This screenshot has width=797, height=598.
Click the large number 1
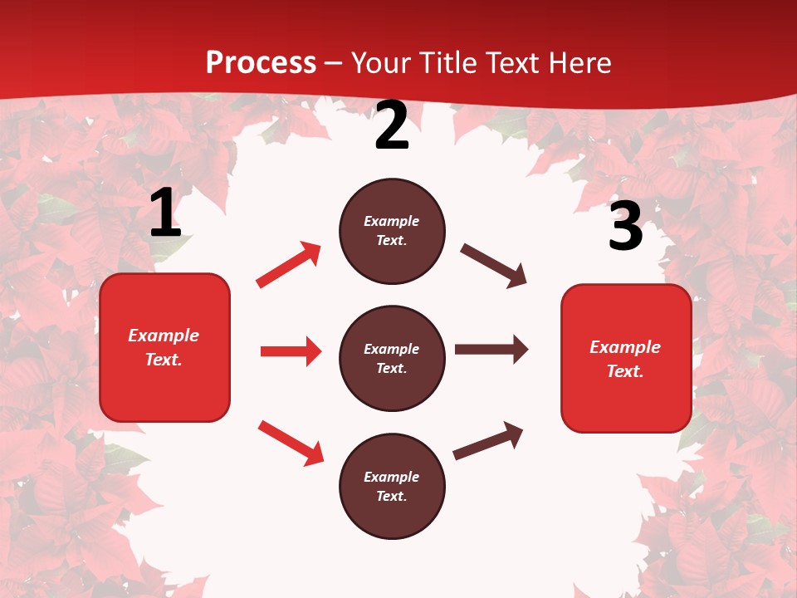pos(165,213)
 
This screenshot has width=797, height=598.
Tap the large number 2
pos(392,125)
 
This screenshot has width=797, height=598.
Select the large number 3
pos(625,226)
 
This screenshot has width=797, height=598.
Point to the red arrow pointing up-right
pos(289,265)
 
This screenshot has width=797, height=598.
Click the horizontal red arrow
pos(291,351)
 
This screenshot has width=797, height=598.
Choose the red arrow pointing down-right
pos(291,442)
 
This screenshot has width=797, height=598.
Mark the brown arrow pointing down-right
pos(494,266)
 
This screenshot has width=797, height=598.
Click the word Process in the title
pos(261,62)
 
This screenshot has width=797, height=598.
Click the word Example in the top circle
pos(392,221)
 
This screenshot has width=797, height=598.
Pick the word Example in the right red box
pos(625,346)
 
